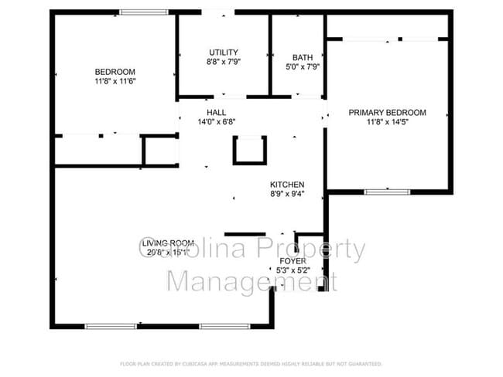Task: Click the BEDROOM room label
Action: [115, 72]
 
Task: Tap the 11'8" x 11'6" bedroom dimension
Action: [115, 81]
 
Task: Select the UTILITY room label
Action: [224, 52]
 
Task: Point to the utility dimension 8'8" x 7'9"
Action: [224, 61]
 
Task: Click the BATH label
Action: [303, 57]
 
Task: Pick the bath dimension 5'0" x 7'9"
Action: [303, 66]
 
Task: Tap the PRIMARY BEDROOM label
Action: [387, 112]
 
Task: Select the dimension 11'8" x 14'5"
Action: [387, 121]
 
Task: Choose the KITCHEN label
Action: [286, 185]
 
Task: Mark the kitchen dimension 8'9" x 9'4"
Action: [286, 194]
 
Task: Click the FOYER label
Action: [293, 261]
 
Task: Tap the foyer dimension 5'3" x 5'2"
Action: [293, 270]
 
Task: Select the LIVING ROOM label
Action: [168, 243]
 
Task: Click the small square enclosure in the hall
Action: [250, 150]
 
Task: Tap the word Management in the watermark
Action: [253, 280]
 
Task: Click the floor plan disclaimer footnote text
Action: [251, 363]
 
